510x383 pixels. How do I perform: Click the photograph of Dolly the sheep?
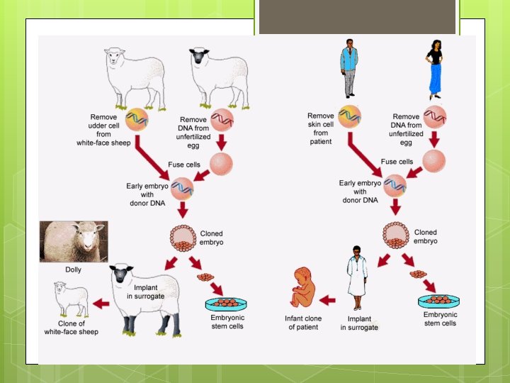point(74,242)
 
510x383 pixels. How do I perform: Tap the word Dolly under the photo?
point(73,270)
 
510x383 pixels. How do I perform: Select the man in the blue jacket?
point(348,67)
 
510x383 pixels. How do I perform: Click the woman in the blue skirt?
point(434,69)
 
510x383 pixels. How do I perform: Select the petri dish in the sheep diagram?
point(225,304)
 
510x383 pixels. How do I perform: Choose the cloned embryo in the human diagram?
point(395,236)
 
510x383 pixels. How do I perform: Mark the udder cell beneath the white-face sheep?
point(137,119)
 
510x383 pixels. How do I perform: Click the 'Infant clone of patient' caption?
point(303,323)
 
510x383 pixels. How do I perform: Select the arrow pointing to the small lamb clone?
point(101,304)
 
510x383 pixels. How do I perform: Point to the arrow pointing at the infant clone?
point(328,300)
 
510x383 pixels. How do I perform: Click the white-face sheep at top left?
point(135,74)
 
